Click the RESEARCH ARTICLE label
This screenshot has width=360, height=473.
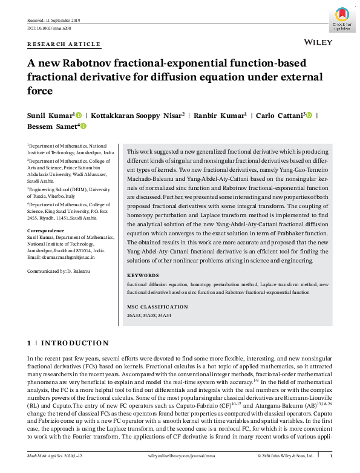(x=64, y=44)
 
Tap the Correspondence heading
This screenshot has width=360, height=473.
(x=47, y=230)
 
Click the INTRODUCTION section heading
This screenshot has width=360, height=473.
(x=74, y=344)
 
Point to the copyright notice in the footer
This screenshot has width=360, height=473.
(x=285, y=455)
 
